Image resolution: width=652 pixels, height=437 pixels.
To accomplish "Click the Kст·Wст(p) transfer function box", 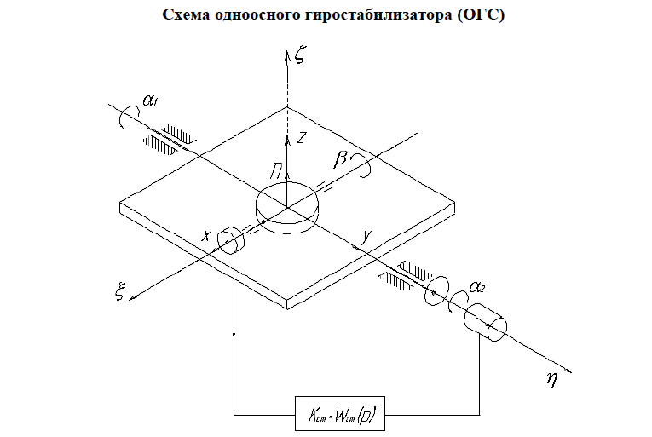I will pos(340,414).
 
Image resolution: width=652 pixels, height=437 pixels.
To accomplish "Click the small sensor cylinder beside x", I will pos(231,240).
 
